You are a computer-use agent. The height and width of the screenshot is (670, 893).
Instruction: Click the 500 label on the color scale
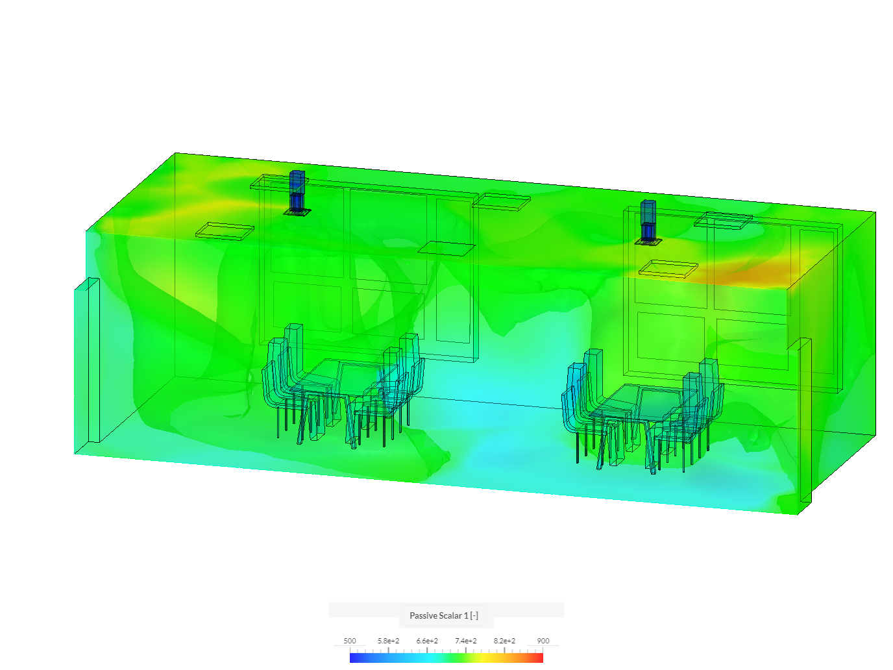pos(349,641)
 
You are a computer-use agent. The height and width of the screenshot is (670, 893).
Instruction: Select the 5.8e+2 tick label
pos(388,641)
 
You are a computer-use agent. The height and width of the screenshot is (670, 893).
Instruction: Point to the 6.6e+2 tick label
pos(427,641)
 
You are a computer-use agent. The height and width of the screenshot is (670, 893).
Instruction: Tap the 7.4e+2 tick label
pos(465,641)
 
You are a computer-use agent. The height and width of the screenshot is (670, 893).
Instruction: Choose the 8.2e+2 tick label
pos(504,641)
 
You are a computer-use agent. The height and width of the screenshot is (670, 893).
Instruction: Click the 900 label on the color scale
pos(543,641)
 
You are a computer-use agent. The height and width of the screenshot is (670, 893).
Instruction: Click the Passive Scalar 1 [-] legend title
pos(443,615)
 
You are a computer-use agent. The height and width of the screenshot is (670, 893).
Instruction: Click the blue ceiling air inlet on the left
pos(297,192)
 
